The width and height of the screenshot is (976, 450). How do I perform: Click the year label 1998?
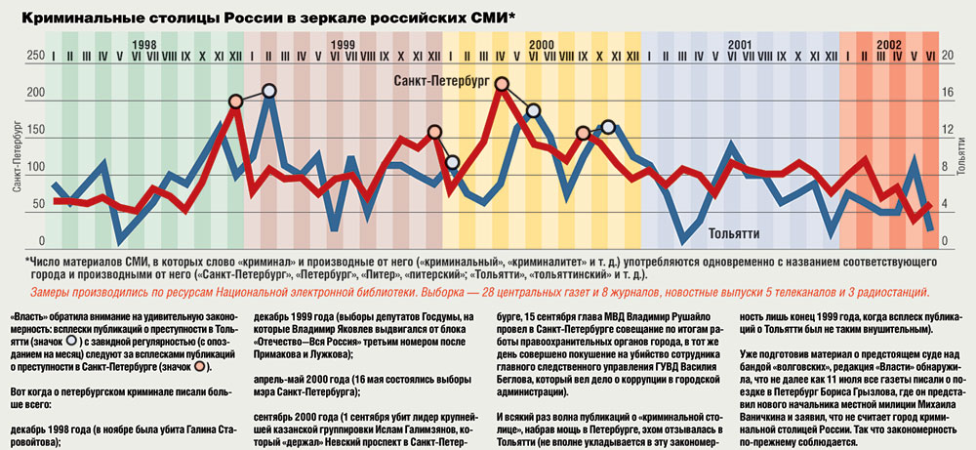click(144, 45)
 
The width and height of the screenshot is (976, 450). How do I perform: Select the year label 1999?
click(343, 45)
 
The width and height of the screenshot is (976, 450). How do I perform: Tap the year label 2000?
click(542, 45)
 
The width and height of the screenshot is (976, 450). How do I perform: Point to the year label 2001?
click(739, 45)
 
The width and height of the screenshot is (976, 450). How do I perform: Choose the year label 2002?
click(888, 45)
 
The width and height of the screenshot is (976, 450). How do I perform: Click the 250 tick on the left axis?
click(35, 56)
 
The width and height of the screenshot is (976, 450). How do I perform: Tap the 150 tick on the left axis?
click(35, 131)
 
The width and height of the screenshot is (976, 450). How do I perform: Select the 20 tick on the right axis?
click(946, 56)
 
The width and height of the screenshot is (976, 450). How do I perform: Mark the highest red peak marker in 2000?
click(502, 84)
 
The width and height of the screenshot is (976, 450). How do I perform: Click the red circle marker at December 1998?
click(235, 102)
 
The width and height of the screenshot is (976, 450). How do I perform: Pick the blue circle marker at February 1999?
click(269, 91)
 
